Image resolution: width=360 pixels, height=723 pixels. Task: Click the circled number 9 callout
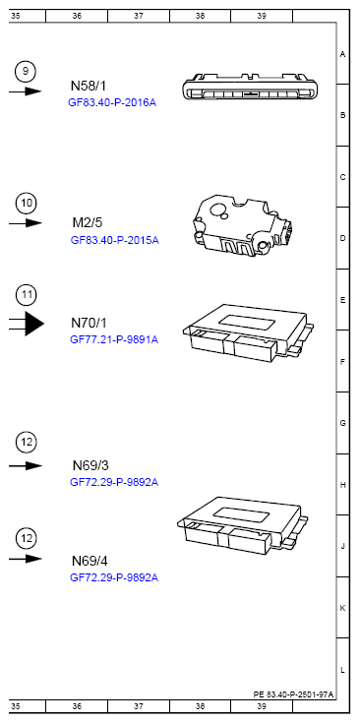pos(27,70)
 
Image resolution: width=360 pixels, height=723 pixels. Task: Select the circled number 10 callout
pos(27,203)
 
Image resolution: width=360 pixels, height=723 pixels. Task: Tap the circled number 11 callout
pos(27,294)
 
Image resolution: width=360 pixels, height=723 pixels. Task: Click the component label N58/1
pos(89,86)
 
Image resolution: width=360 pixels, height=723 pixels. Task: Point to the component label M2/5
pos(88,223)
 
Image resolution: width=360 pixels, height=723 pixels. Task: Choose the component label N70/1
pos(89,323)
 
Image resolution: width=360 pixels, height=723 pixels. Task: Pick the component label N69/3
pos(90,465)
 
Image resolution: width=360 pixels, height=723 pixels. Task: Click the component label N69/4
pos(90,560)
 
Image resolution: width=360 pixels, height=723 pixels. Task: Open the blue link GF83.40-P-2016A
pos(112,102)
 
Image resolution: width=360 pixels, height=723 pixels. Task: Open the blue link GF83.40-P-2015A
pos(114,240)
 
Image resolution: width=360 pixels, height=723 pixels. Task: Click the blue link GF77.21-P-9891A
pos(113,339)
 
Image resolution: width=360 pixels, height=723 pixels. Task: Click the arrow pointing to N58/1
pos(27,90)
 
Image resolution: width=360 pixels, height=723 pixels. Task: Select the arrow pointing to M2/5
pos(27,223)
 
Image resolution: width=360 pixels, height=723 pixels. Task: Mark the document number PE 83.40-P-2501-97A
pos(293,693)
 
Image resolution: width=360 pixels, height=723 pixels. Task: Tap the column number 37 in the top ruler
pos(138,17)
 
